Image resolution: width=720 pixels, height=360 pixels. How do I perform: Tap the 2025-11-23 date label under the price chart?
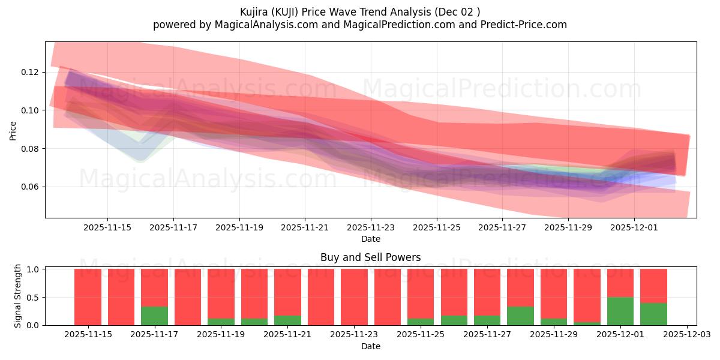click(371, 227)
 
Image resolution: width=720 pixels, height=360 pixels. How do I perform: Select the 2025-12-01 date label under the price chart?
click(634, 227)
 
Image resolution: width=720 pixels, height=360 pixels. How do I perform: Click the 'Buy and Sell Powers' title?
click(370, 257)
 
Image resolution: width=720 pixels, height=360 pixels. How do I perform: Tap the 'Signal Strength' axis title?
click(18, 296)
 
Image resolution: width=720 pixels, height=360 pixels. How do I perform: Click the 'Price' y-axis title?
click(13, 130)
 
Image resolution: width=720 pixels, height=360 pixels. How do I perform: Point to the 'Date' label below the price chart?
click(370, 239)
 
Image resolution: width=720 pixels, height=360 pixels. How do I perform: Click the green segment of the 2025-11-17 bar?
click(154, 316)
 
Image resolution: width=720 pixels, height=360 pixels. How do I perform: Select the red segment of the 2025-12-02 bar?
click(653, 286)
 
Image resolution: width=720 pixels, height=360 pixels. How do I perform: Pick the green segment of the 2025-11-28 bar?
click(520, 316)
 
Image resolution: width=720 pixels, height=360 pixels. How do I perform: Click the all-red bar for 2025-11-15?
click(88, 297)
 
